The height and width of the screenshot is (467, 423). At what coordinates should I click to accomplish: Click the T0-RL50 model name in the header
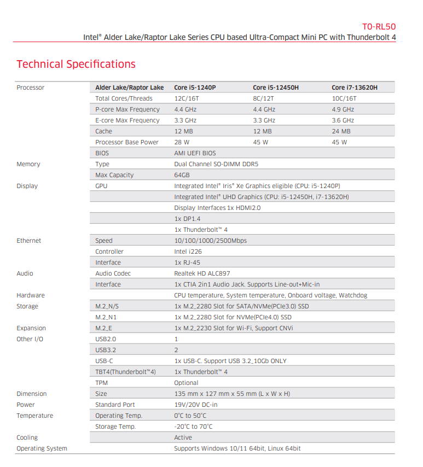click(x=379, y=26)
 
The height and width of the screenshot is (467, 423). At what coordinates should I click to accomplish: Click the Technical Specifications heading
click(x=76, y=64)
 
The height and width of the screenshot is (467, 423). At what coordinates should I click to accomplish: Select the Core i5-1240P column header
click(x=195, y=87)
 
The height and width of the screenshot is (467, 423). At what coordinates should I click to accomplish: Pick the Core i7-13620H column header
click(x=354, y=87)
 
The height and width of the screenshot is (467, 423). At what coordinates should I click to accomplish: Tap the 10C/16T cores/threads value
click(x=344, y=98)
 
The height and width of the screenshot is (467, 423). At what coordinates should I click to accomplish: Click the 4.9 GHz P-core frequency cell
click(x=343, y=109)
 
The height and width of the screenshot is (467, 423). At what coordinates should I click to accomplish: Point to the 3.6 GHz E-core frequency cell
click(x=343, y=120)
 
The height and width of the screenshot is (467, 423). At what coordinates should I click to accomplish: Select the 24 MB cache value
click(x=341, y=131)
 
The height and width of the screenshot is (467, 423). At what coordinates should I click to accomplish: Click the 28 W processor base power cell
click(x=183, y=142)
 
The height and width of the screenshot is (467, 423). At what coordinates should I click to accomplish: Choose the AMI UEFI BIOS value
click(x=195, y=153)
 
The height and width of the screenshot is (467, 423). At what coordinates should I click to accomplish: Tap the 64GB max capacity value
click(x=182, y=175)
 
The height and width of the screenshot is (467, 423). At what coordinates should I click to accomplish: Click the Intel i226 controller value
click(x=187, y=252)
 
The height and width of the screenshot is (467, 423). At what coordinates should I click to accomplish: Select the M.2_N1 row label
click(x=107, y=317)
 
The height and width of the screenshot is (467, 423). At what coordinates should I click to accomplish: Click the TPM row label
click(x=101, y=383)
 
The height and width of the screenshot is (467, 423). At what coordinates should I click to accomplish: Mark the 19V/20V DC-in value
click(x=195, y=405)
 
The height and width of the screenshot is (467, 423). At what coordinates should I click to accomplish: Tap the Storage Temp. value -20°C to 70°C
click(x=193, y=427)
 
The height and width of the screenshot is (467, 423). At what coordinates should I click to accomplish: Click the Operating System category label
click(x=42, y=448)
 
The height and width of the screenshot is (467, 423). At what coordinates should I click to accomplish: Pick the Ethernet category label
click(x=28, y=241)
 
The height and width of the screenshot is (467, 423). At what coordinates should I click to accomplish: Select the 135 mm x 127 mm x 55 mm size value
click(x=232, y=394)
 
